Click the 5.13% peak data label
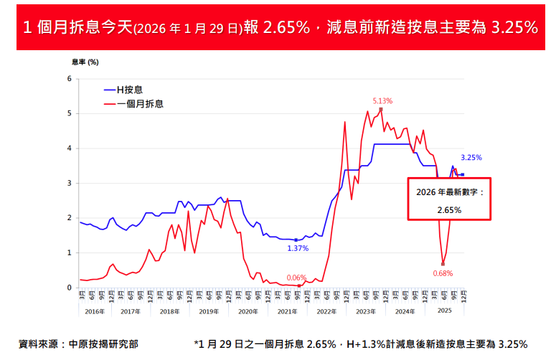(382, 100)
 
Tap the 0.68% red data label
(443, 273)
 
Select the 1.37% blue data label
(298, 248)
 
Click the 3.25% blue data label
(471, 158)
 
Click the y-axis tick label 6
(69, 78)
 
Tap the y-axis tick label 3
(69, 183)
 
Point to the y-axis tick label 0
(69, 288)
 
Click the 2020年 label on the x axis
(248, 311)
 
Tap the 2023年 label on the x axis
(365, 311)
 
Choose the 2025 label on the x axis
(443, 311)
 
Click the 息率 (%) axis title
(85, 62)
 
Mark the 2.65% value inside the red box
(449, 209)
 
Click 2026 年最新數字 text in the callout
(449, 192)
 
